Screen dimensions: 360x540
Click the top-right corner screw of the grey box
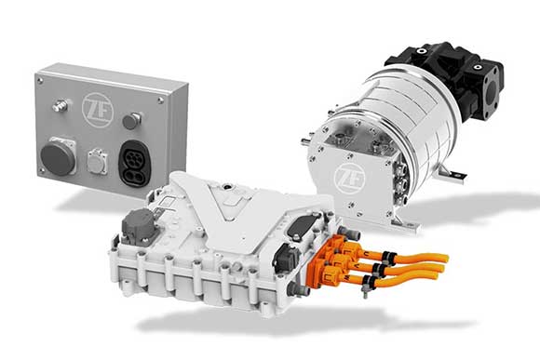click(174, 92)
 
